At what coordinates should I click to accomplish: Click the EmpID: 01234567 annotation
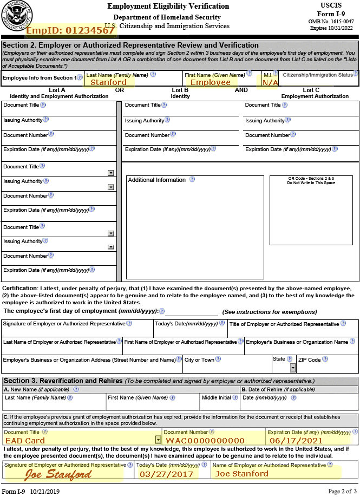[70, 30]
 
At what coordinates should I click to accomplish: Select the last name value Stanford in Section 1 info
[108, 82]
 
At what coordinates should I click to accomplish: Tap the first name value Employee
[211, 82]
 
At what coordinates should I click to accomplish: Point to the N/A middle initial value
[270, 82]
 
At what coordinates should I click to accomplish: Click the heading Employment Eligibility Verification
[168, 6]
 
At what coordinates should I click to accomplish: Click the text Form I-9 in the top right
[331, 14]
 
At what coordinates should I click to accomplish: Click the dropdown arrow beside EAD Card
[158, 441]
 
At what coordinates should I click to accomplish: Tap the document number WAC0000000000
[205, 441]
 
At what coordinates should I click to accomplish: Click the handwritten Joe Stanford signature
[58, 475]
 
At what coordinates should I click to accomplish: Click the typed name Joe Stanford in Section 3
[241, 474]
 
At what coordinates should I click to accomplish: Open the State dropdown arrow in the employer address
[293, 368]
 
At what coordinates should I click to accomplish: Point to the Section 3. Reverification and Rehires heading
[63, 381]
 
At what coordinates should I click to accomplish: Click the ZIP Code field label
[310, 359]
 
